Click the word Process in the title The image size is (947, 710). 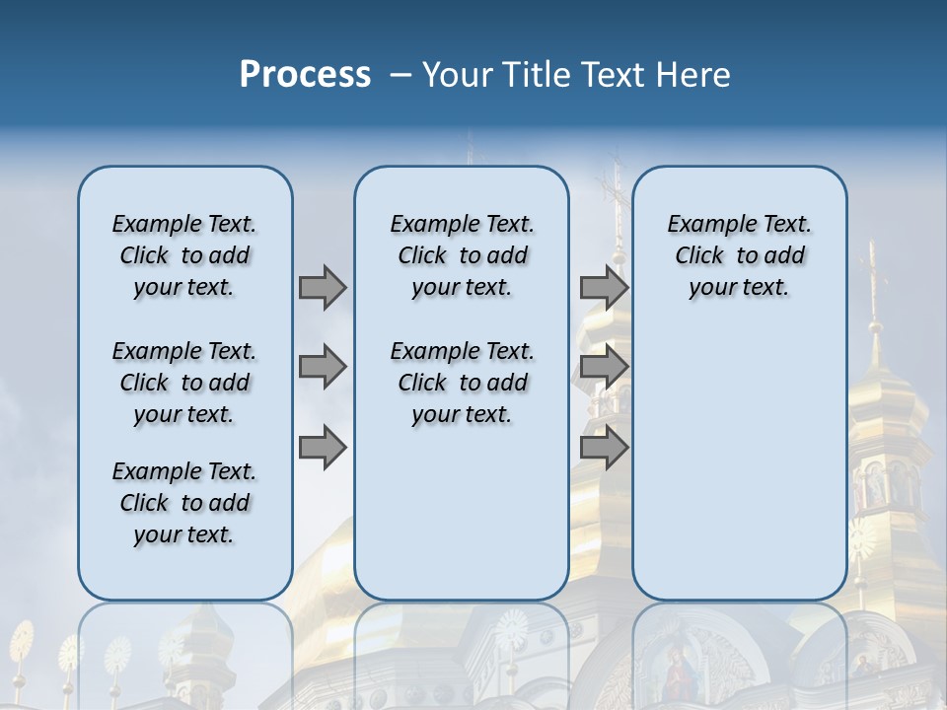tap(305, 75)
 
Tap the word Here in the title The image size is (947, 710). tap(692, 75)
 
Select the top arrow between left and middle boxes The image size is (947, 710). tap(323, 287)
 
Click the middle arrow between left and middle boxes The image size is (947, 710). tap(323, 367)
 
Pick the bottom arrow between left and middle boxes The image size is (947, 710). tap(323, 447)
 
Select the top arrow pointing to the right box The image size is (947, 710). tap(604, 287)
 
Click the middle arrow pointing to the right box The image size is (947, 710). tap(604, 367)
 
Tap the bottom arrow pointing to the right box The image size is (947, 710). tap(604, 447)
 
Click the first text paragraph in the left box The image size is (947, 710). tap(184, 255)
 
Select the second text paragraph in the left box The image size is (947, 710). tap(184, 383)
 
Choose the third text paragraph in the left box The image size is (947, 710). tap(184, 503)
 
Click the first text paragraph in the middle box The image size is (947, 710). tap(462, 255)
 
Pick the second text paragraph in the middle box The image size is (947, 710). tap(462, 383)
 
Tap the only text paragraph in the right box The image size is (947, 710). tap(739, 255)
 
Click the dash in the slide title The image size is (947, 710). tap(400, 75)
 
